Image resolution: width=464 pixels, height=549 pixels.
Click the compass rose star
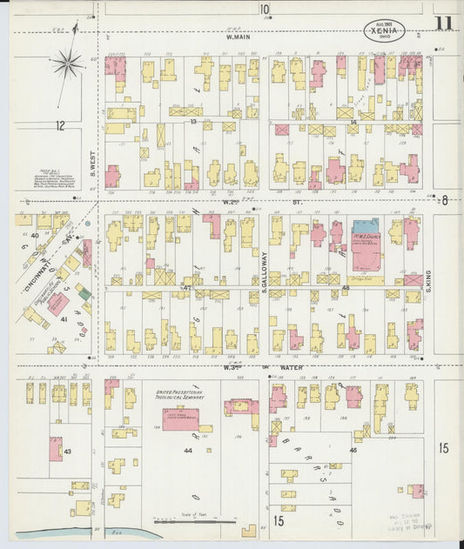pos(66,62)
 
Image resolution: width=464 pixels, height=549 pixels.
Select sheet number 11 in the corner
pos(444,23)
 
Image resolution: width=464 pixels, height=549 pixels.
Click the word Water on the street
pos(290,367)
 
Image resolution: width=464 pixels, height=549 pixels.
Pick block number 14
pos(353,123)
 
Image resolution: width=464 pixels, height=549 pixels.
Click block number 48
pos(346,287)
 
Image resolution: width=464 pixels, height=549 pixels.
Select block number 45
pos(353,450)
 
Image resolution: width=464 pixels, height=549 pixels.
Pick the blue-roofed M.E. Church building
pos(365,227)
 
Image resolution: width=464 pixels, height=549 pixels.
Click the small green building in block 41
pos(84,295)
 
